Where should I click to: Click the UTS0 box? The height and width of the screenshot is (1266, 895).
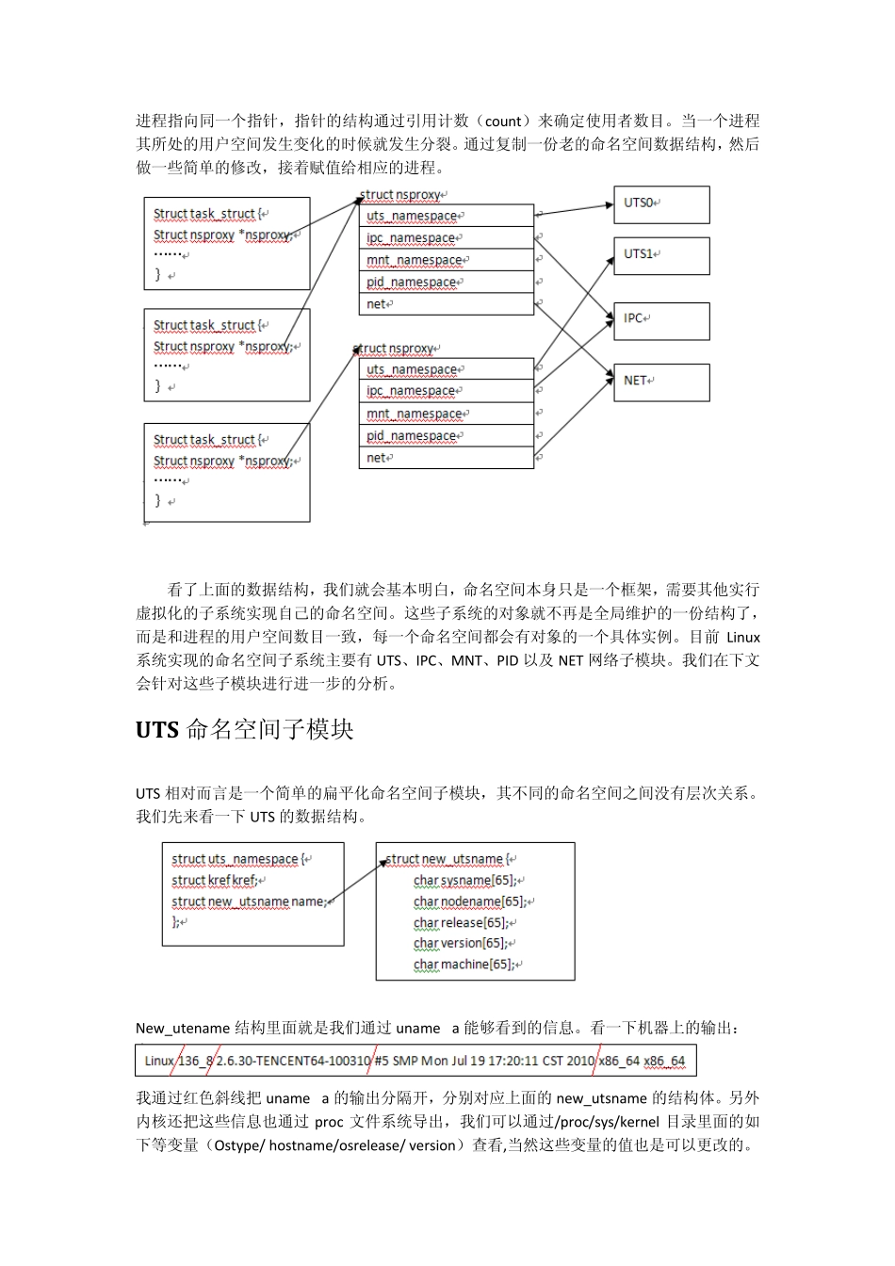661,204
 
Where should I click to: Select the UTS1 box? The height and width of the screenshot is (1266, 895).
661,255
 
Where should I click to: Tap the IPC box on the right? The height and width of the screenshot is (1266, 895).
661,320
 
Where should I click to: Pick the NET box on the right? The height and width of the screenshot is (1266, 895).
661,381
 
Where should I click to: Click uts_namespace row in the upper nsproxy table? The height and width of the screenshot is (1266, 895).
446,216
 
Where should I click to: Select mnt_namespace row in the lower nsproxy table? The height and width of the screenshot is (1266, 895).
446,414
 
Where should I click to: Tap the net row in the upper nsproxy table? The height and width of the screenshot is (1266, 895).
446,304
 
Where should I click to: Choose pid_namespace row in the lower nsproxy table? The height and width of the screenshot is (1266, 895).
446,436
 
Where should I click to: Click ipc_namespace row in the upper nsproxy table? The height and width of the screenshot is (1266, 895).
446,238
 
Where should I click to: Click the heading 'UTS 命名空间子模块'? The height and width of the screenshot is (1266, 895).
245,730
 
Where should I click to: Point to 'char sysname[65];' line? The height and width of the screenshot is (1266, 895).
465,881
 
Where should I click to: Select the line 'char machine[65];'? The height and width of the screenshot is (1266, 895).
464,965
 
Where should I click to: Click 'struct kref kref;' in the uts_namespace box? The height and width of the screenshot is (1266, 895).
215,881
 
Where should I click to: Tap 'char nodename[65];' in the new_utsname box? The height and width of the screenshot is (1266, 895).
470,901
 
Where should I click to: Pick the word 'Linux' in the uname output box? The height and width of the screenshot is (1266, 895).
159,1061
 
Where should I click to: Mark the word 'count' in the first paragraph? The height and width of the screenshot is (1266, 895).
503,122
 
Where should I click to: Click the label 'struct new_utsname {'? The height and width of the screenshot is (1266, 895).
447,859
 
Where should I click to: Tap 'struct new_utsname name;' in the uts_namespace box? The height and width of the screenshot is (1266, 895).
250,901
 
